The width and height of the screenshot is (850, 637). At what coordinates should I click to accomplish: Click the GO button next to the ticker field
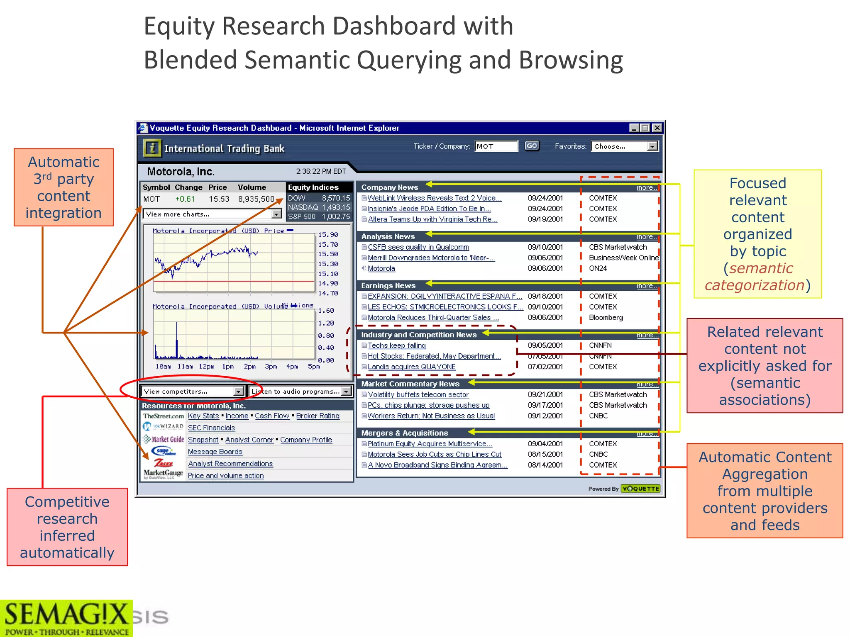click(x=532, y=146)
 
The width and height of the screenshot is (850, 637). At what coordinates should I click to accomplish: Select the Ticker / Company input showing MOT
click(x=496, y=146)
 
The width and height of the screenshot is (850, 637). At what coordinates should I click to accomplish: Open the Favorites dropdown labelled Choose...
click(x=625, y=146)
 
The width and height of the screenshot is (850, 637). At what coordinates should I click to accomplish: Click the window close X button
click(x=657, y=128)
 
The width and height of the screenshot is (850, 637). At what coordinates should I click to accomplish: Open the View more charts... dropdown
click(x=212, y=214)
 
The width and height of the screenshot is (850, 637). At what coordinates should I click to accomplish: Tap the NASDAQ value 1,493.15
click(x=336, y=207)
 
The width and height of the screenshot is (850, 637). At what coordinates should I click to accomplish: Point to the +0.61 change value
click(x=185, y=199)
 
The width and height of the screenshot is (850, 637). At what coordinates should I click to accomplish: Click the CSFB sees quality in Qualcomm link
click(x=418, y=247)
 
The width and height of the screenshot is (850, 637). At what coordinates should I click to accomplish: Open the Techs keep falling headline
click(x=396, y=345)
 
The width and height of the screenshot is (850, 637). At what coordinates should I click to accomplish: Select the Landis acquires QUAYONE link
click(x=411, y=367)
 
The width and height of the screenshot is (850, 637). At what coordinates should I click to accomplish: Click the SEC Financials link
click(x=211, y=428)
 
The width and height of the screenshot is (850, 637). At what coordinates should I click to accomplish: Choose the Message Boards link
click(x=215, y=452)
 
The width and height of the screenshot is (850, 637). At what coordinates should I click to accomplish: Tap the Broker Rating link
click(x=318, y=416)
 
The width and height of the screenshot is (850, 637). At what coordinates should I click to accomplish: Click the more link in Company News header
click(x=646, y=188)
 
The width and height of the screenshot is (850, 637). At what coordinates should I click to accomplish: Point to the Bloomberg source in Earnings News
click(x=606, y=318)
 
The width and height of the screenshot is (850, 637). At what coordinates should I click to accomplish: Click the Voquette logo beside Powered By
click(x=640, y=489)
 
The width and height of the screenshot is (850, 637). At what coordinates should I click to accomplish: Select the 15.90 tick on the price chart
click(x=328, y=235)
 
